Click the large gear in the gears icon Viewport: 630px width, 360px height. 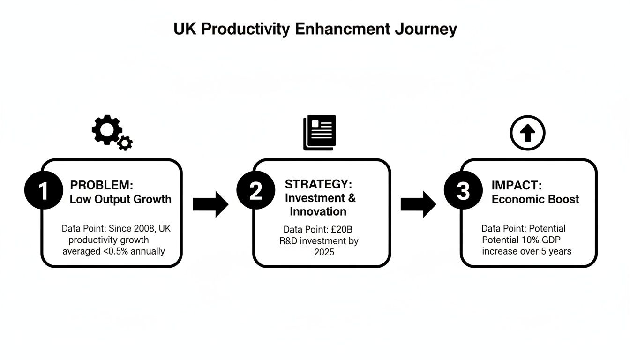107,129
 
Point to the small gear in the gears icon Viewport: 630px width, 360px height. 125,143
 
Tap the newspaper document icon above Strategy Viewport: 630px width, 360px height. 320,132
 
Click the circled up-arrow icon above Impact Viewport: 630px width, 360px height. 527,133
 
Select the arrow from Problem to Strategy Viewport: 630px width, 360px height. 210,204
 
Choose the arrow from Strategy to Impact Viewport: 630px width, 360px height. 418,204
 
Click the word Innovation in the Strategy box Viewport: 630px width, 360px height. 318,211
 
